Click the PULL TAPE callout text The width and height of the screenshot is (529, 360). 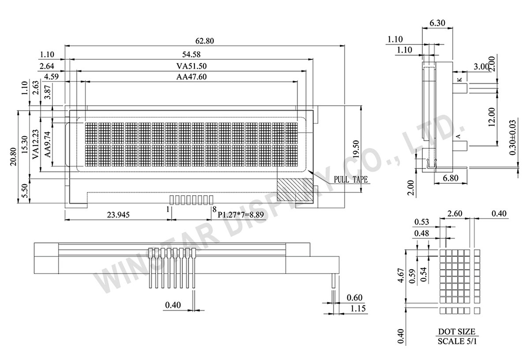[350, 179]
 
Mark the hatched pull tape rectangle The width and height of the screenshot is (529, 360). [295, 190]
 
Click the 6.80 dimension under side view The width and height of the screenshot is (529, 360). [444, 178]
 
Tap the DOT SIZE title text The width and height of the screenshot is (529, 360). [456, 331]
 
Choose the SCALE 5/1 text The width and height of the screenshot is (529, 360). [456, 341]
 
